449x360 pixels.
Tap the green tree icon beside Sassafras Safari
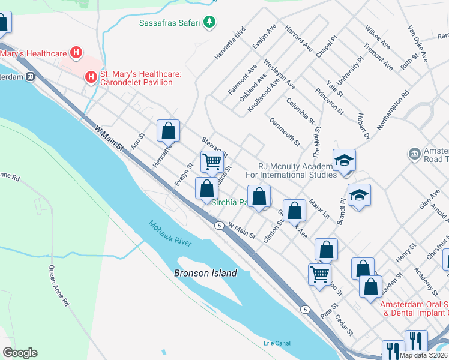click(209, 23)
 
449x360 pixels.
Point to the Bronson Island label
click(205, 273)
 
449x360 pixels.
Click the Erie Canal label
click(277, 343)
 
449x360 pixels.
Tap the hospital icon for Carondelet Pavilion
click(91, 77)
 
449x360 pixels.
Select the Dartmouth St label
click(285, 131)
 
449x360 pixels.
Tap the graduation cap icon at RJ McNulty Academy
click(345, 160)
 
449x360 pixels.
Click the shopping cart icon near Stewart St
click(212, 161)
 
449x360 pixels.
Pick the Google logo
click(20, 352)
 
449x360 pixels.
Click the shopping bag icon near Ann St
click(169, 130)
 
